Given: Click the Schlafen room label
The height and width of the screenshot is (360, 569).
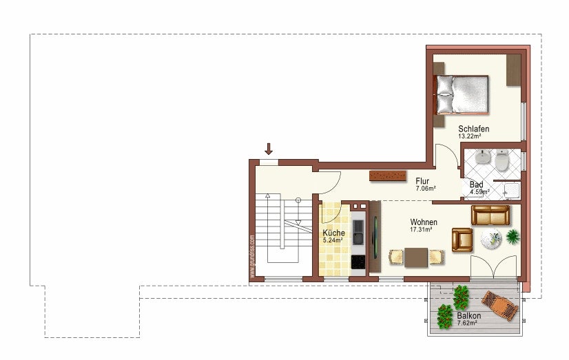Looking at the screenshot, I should (474, 129).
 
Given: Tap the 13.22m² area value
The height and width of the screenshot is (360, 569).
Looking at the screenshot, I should (469, 136).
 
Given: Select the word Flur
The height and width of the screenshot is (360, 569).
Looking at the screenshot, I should (423, 181).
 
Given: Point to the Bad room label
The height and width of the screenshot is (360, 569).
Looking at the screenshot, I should (476, 184).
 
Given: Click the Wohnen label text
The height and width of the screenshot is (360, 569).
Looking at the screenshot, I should (423, 222).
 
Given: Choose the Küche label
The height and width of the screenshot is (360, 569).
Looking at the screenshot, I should (333, 233).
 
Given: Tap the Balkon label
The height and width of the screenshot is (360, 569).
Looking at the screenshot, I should (468, 316).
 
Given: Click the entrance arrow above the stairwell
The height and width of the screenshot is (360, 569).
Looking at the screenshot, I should (269, 148).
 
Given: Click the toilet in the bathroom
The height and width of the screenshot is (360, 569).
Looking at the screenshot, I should (503, 162).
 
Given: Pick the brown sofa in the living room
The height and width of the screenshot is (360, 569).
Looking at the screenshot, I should (490, 215).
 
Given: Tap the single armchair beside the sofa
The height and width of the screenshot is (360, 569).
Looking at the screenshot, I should (462, 240).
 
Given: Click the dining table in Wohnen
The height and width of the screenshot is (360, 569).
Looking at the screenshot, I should (416, 257).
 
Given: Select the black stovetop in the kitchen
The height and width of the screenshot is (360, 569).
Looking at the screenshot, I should (358, 262).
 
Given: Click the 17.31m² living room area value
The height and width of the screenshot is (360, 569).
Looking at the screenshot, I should (421, 230).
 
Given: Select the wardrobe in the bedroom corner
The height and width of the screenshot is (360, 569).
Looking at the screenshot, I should (514, 70).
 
